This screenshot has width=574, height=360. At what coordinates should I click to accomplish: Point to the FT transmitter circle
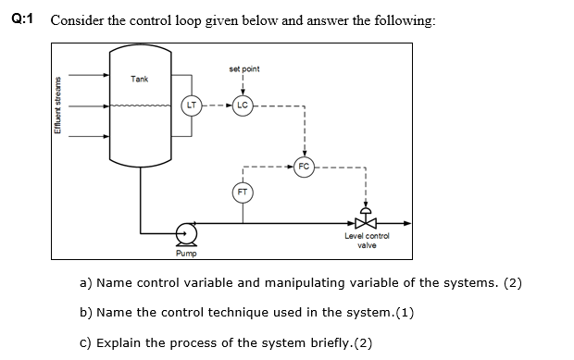tap(243, 192)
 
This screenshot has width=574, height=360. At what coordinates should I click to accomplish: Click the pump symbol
tap(186, 230)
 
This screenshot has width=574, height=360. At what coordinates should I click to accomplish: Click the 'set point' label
tap(243, 68)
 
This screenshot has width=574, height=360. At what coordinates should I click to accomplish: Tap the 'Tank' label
tap(139, 79)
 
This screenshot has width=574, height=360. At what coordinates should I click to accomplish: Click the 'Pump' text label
tap(186, 252)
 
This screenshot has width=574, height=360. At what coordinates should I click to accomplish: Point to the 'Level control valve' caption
tap(367, 241)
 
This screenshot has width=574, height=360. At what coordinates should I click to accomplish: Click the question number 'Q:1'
tap(23, 19)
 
